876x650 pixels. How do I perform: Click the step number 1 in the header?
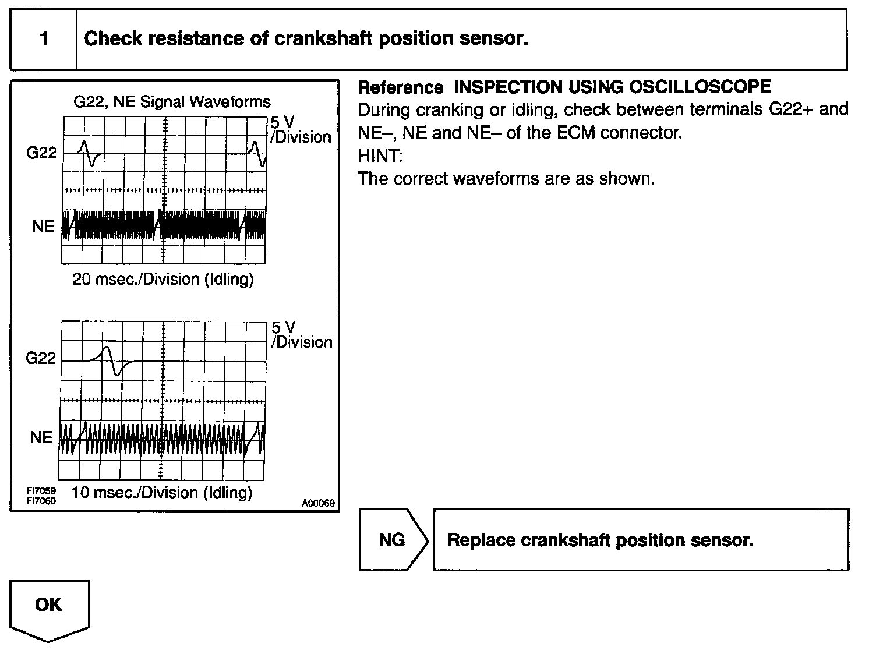[x=44, y=39]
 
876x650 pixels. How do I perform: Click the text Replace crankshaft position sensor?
[x=600, y=540]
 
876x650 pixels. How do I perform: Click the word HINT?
[x=380, y=156]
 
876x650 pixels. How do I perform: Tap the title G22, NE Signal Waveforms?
[x=172, y=102]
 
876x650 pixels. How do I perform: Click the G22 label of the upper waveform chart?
[x=41, y=153]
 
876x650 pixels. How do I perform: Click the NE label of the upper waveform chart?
[x=43, y=226]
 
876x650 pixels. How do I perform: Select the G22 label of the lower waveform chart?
[x=41, y=358]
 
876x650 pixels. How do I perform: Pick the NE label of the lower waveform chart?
[x=41, y=437]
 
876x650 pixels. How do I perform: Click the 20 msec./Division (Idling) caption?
[x=163, y=280]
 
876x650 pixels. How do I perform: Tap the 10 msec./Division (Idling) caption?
[x=162, y=493]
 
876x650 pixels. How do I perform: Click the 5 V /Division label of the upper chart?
[x=300, y=130]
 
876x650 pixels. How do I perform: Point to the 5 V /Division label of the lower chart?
[x=301, y=335]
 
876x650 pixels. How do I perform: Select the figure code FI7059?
[x=41, y=492]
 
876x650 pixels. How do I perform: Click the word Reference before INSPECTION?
[x=400, y=87]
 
